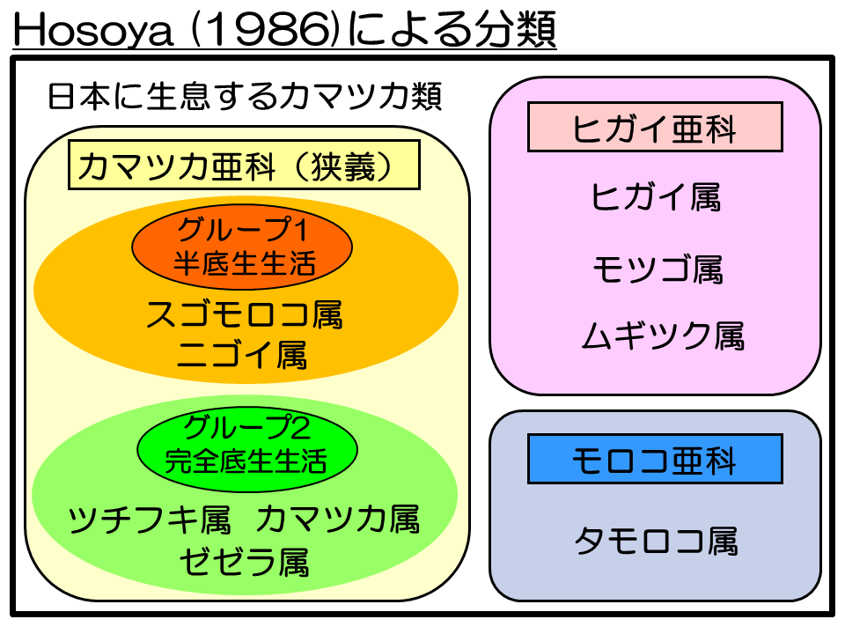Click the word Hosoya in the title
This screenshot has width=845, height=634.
tap(92, 29)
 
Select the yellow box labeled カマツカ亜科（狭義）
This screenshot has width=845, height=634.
tap(244, 165)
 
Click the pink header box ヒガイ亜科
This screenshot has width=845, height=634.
tap(655, 127)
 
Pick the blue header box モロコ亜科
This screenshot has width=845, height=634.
tap(655, 459)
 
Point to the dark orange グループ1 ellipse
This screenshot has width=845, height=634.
tap(242, 247)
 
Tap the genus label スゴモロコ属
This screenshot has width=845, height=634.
tap(244, 314)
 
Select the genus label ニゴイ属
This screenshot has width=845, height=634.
tap(243, 355)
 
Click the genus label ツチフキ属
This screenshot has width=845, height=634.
tap(150, 520)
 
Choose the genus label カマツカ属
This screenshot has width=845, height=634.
tap(338, 520)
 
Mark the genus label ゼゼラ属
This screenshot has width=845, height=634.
tap(244, 562)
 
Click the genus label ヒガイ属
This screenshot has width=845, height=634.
tap(656, 196)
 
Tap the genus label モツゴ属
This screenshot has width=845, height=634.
tap(658, 269)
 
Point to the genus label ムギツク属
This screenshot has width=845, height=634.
tap(663, 335)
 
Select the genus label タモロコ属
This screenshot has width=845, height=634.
tap(656, 541)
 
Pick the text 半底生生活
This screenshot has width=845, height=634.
tap(244, 263)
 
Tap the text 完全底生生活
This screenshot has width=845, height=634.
tap(246, 461)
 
